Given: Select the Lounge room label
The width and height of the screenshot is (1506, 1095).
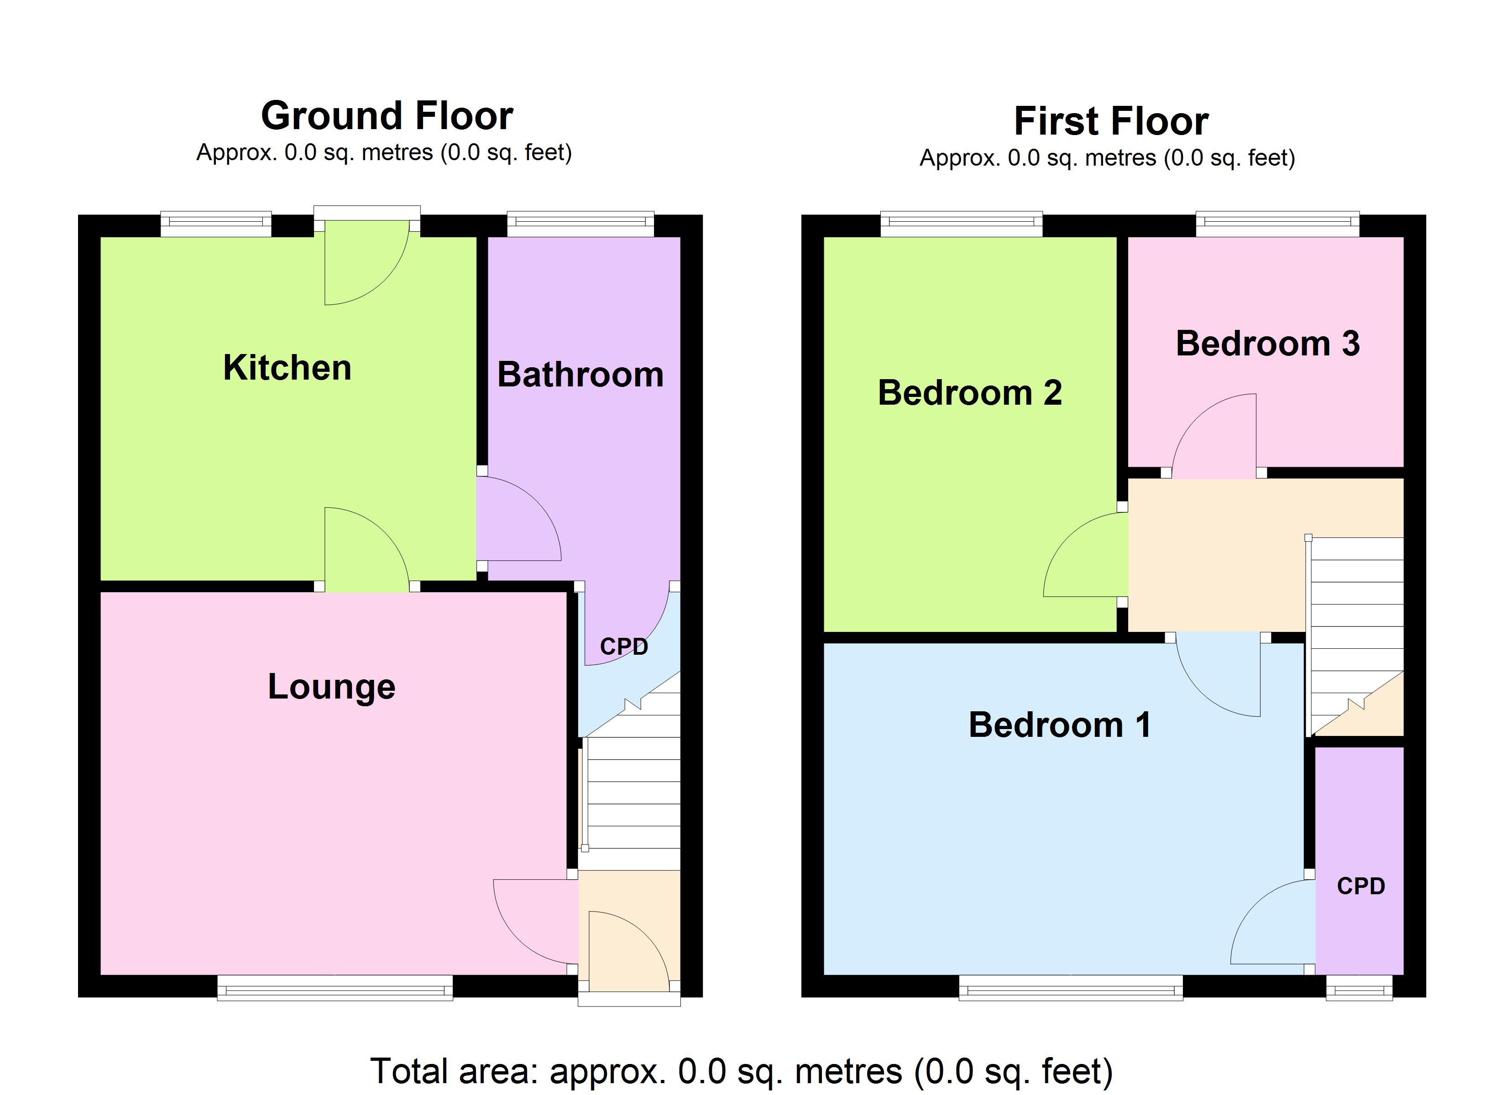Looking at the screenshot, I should [x=331, y=687].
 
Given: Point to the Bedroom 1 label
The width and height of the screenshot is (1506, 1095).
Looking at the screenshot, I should [x=1059, y=725].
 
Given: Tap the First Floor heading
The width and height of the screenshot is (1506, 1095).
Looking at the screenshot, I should [x=1111, y=121].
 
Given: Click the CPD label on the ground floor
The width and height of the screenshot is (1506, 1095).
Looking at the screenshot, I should [x=623, y=647].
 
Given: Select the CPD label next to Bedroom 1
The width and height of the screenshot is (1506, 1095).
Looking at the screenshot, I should [x=1360, y=886].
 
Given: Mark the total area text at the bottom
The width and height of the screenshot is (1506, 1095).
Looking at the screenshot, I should [x=741, y=1070].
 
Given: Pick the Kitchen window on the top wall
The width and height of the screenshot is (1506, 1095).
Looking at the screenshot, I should [x=216, y=224].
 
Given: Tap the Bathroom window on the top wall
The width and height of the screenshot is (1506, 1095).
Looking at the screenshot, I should [x=580, y=224].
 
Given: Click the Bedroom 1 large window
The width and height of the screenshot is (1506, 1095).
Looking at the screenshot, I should [x=1071, y=987].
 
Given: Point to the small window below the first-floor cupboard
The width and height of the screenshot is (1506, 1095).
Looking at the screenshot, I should [x=1359, y=987].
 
